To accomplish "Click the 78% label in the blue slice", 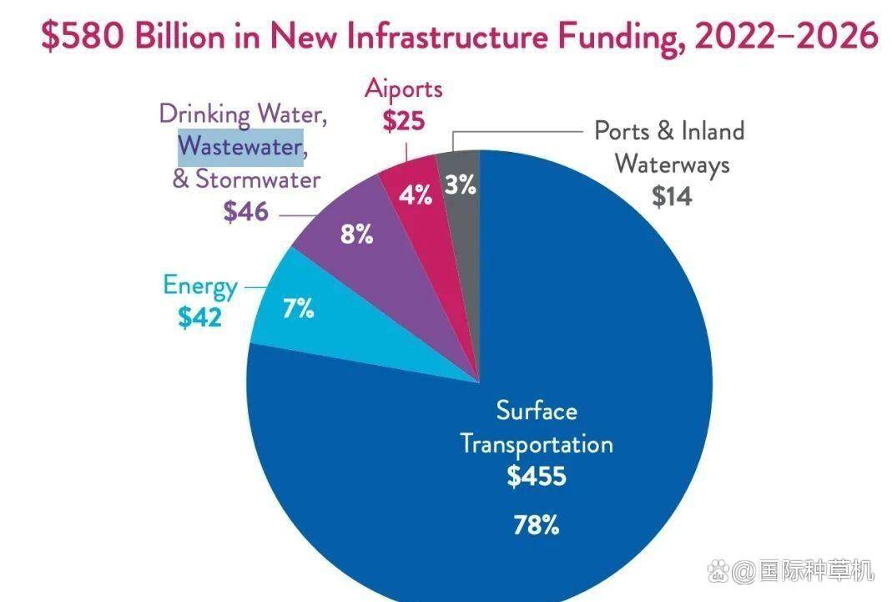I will coord(536,525).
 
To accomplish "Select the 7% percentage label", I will coord(298,309).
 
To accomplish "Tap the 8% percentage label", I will coord(356,235).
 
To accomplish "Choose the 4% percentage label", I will coord(415,195).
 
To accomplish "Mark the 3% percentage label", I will coord(460,185).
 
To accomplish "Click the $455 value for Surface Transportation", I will coord(537,477).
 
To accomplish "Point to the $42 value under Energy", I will coord(200,317).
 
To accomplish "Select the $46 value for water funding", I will coord(246,211).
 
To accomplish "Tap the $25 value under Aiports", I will coord(404,121).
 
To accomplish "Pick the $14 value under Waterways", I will coord(672,196).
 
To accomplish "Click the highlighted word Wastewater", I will coord(240,147).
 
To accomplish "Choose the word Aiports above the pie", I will coord(404,89).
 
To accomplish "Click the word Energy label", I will coord(200,286).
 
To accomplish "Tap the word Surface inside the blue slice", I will coord(537,411).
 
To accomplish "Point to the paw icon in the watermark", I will coord(718,572).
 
